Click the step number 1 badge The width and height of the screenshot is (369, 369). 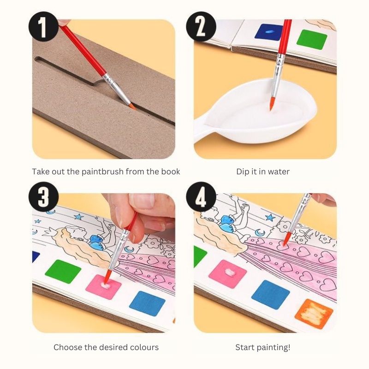43,27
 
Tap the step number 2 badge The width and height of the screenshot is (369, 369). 201,27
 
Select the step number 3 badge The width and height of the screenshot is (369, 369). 43,197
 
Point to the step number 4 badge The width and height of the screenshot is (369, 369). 201,197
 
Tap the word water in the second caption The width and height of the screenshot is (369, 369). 279,172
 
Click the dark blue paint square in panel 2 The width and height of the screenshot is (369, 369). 269,31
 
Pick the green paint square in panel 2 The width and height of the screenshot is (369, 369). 312,39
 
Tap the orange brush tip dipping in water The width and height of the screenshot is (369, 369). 272,104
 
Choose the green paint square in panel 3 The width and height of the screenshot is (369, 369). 63,271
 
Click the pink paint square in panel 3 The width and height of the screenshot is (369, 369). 103,286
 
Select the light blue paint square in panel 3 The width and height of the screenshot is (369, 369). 147,304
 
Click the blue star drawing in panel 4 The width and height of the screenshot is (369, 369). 270,217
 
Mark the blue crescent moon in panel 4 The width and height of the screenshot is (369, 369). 260,233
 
